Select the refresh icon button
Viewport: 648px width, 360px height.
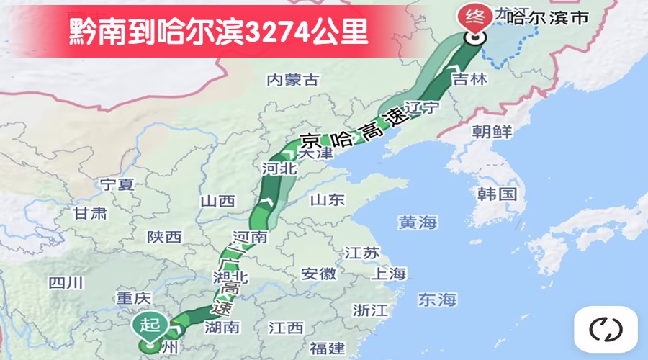(606, 330)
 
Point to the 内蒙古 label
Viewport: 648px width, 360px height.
(292, 80)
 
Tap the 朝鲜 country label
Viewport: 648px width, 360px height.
(492, 132)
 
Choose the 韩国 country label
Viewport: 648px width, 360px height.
(497, 194)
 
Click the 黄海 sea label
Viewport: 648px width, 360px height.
(418, 222)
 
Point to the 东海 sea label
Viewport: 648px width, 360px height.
(438, 298)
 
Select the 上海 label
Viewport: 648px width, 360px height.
(389, 274)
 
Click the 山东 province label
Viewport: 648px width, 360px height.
(328, 199)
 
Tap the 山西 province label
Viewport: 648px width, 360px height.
(217, 201)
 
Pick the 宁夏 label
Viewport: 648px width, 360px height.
(117, 184)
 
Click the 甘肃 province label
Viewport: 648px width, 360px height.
(90, 213)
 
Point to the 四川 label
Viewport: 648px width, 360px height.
(66, 283)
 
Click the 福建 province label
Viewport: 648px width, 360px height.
(328, 348)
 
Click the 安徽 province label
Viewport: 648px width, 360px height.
(318, 274)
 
